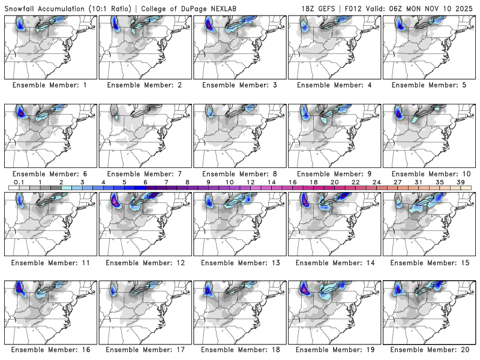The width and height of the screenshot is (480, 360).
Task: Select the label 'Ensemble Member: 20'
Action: click(430, 349)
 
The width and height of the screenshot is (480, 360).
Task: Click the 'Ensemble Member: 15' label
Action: click(430, 263)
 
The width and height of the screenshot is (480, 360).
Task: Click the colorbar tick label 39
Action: click(460, 182)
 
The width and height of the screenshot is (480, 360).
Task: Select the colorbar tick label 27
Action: click(397, 182)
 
